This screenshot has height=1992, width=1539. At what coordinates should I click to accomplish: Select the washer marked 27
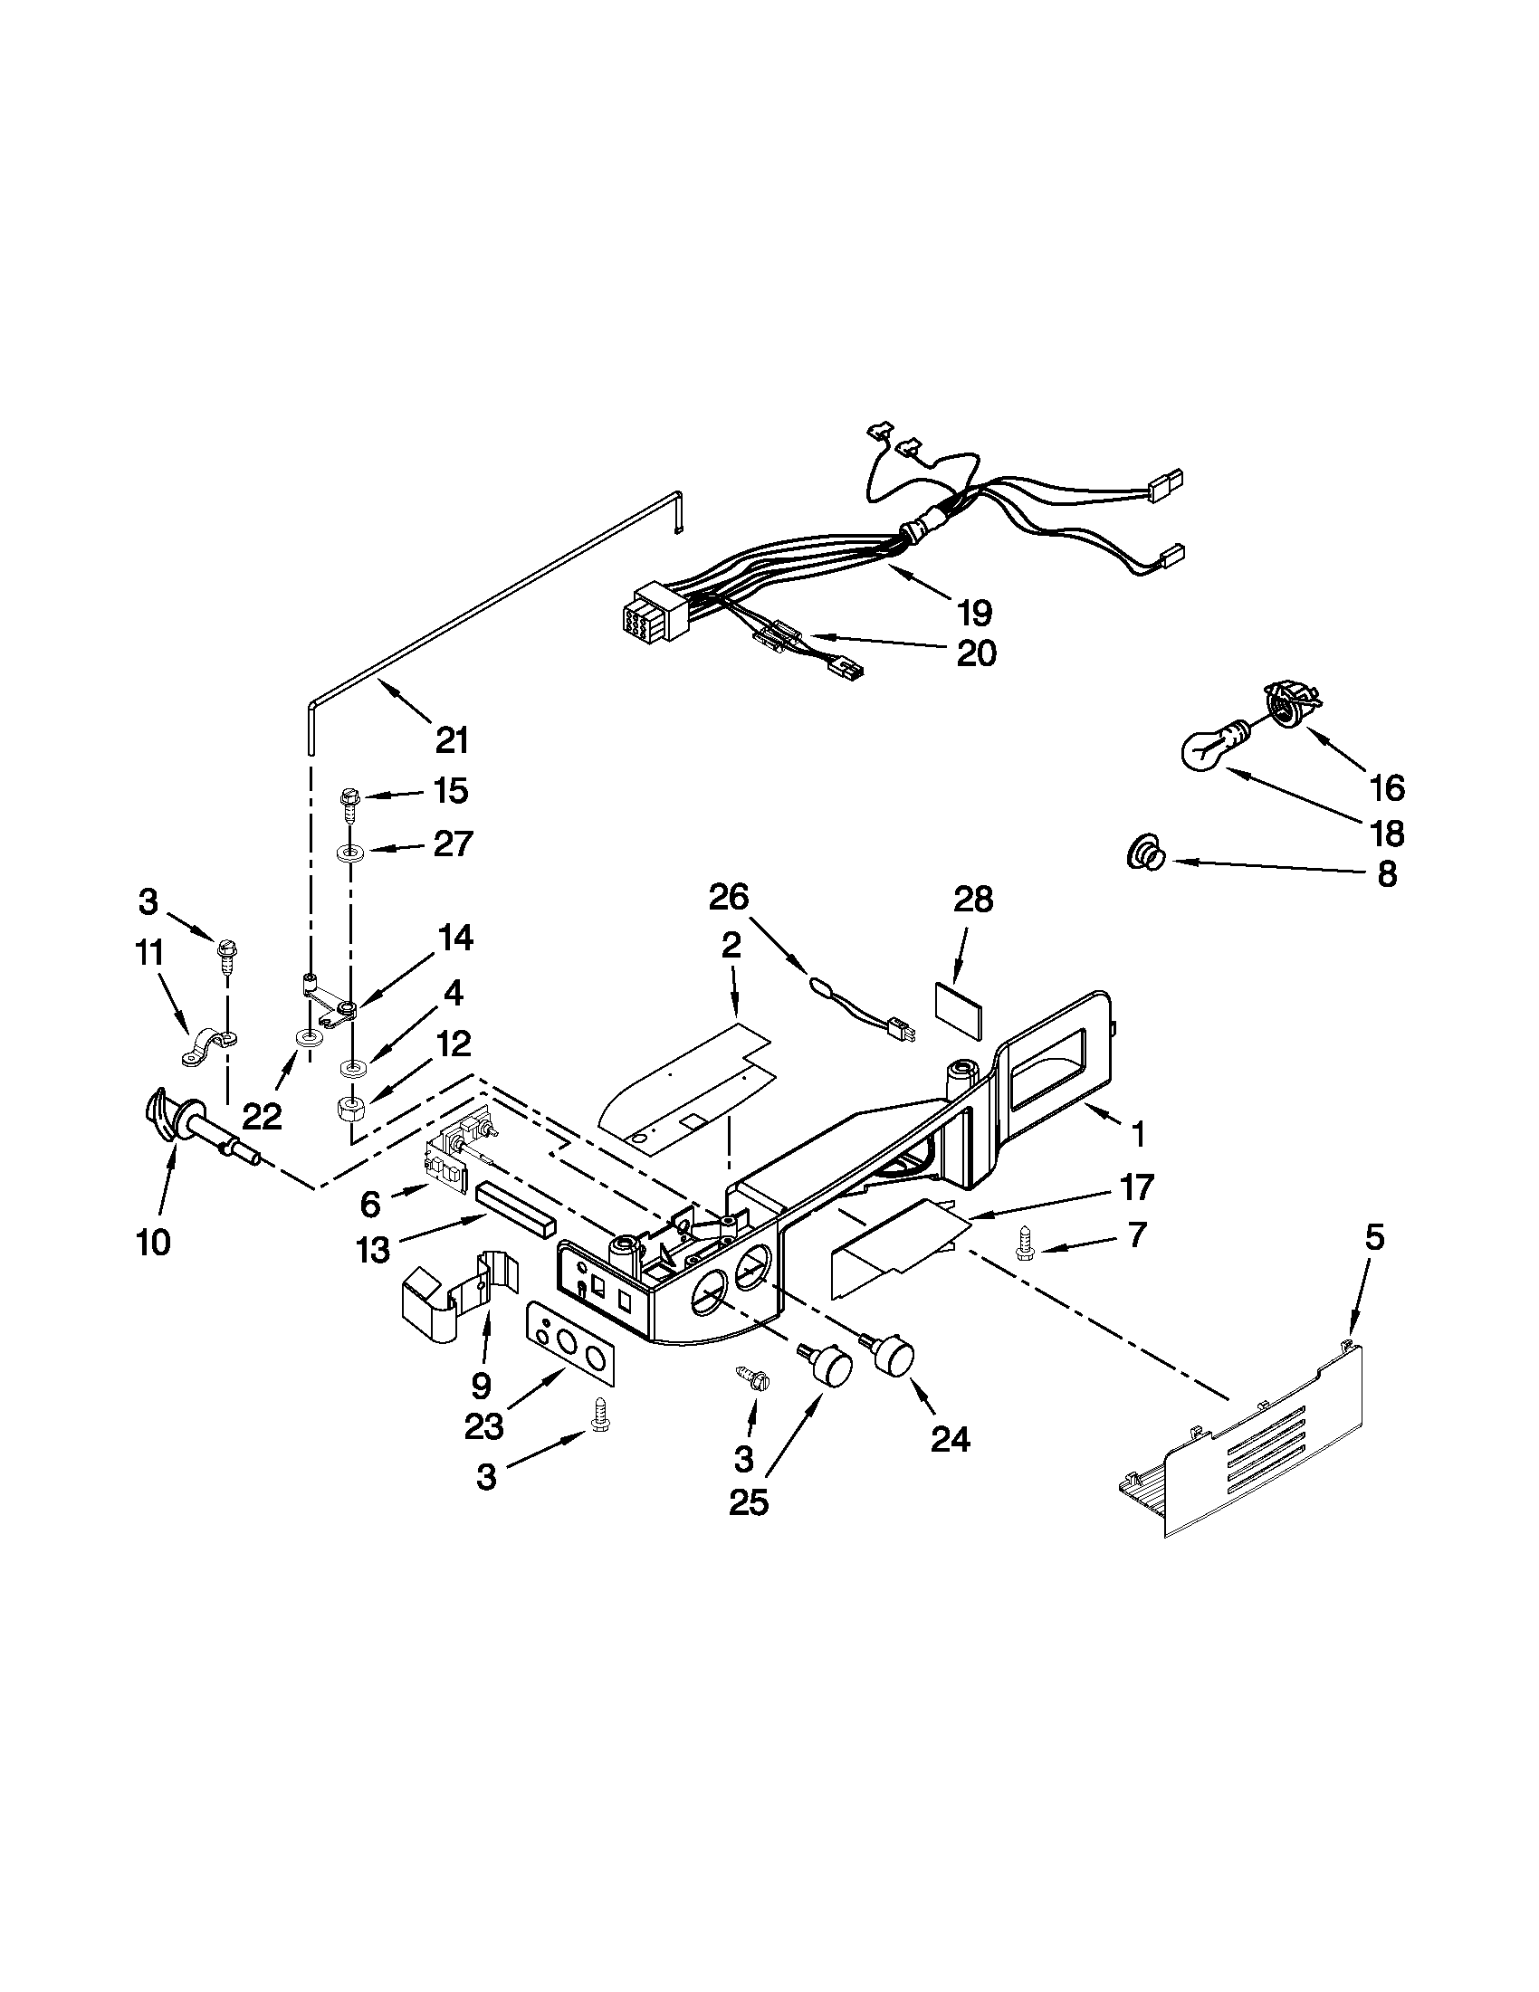pyautogui.click(x=351, y=853)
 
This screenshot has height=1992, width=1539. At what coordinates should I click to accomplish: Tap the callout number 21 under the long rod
pyautogui.click(x=451, y=739)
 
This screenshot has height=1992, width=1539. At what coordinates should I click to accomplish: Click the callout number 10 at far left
pyautogui.click(x=153, y=1242)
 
